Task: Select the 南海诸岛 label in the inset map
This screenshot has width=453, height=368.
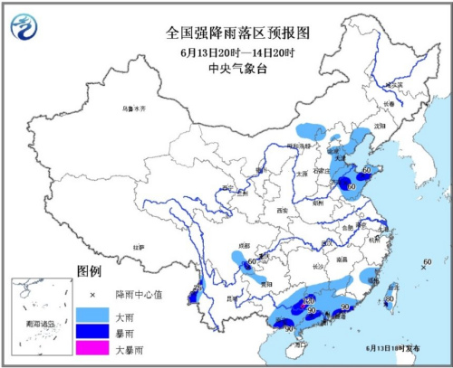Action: click(39, 323)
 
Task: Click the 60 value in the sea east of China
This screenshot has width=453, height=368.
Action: click(427, 262)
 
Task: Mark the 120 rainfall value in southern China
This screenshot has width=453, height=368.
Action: click(308, 299)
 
